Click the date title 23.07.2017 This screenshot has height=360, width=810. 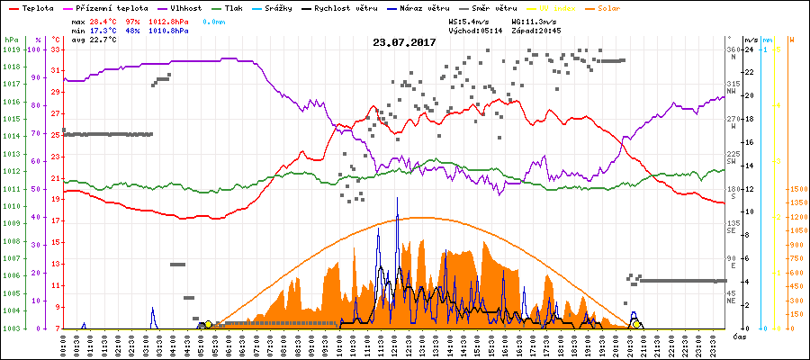(x=404, y=42)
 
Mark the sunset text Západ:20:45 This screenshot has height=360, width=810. (x=538, y=31)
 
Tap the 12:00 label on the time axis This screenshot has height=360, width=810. (x=397, y=345)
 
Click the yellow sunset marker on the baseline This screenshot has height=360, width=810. (x=637, y=324)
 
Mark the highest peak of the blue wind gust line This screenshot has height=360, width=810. (x=397, y=197)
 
